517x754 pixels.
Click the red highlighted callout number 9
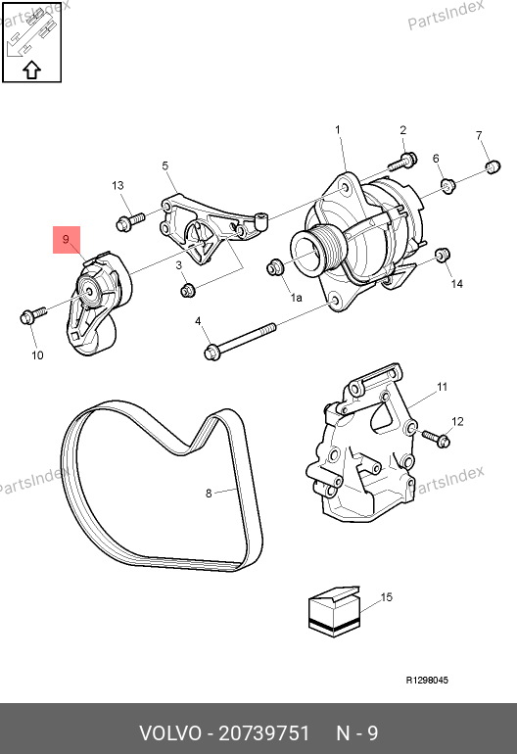tap(66, 240)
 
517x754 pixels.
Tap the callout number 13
tap(117, 186)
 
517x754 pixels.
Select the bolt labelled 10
tap(32, 315)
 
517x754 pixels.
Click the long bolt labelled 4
tap(241, 341)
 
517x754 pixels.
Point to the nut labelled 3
tap(188, 290)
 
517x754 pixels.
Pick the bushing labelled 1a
tap(274, 267)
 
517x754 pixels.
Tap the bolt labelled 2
tap(403, 162)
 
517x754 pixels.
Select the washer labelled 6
tap(448, 185)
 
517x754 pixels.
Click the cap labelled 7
tap(492, 166)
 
